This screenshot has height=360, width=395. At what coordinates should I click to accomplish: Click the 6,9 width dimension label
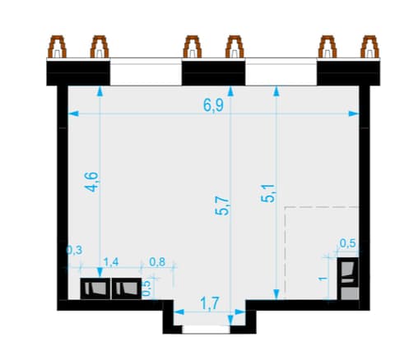[213, 105]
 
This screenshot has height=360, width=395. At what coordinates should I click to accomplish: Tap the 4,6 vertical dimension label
[91, 182]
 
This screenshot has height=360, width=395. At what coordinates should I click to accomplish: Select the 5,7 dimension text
[222, 206]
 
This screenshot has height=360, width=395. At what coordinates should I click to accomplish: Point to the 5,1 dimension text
[267, 193]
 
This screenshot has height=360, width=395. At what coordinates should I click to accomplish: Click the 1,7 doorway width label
[210, 303]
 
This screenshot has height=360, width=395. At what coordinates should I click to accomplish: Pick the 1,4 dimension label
[111, 262]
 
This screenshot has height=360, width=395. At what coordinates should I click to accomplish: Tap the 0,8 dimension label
[157, 262]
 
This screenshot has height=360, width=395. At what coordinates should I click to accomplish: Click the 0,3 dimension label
[74, 250]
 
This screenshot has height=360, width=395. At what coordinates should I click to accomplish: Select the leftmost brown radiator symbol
[58, 47]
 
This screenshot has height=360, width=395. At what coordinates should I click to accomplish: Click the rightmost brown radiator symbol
[369, 47]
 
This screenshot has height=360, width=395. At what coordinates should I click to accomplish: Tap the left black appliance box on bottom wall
[95, 288]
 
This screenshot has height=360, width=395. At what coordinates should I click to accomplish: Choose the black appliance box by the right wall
[348, 272]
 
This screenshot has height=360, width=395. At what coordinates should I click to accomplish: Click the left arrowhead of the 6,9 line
[73, 113]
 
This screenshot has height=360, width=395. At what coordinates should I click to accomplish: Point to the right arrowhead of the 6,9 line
[354, 113]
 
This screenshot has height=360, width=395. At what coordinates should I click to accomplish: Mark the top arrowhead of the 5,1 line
[276, 91]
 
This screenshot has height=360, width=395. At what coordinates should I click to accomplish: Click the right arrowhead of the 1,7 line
[240, 312]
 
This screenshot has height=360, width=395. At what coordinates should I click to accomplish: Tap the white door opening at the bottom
[206, 330]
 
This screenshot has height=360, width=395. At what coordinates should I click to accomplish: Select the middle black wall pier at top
[213, 73]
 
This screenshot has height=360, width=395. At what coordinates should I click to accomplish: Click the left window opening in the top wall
[146, 72]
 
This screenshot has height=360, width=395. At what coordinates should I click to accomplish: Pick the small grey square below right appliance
[350, 293]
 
